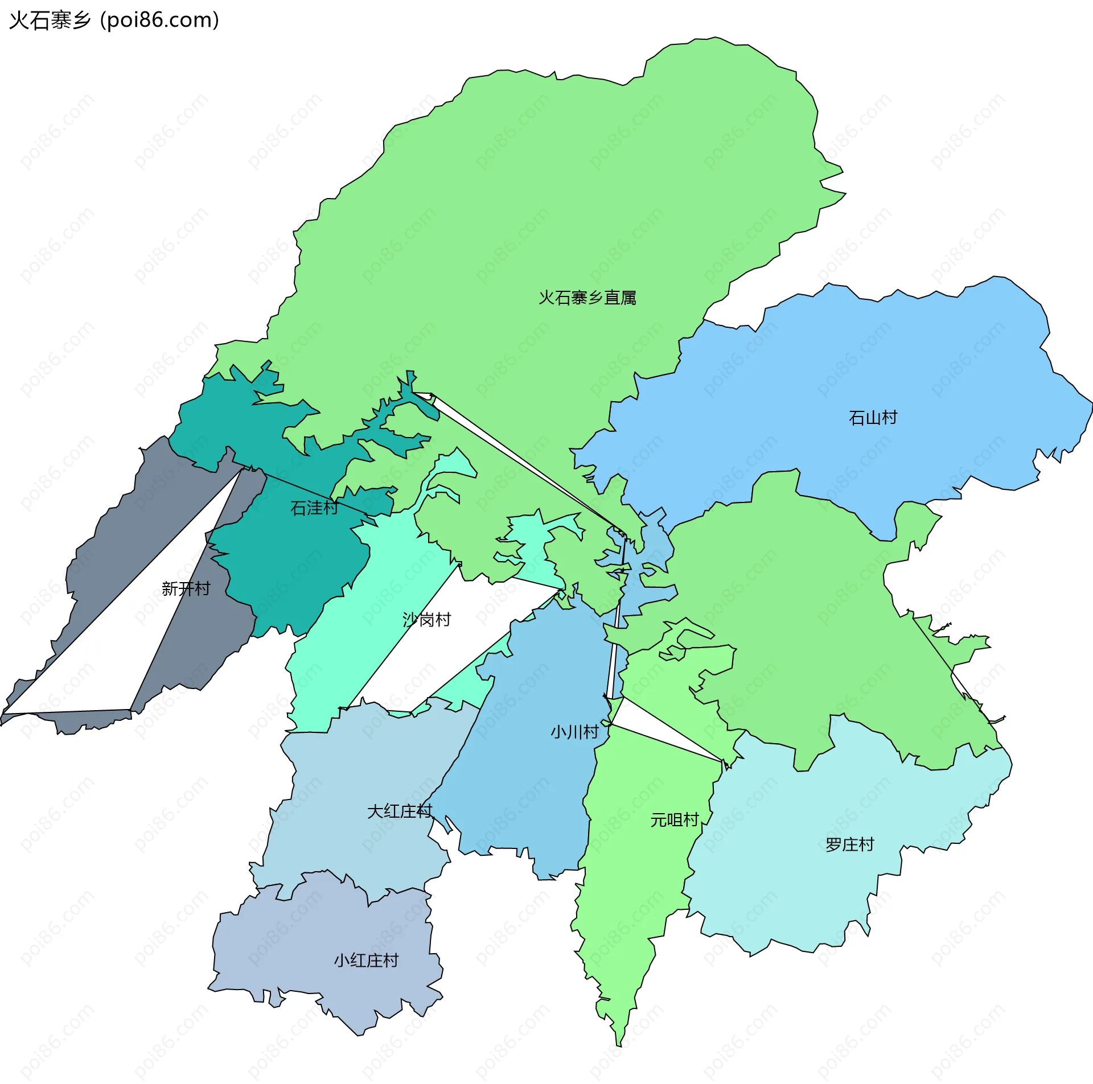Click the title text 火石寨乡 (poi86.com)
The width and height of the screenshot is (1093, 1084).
[114, 20]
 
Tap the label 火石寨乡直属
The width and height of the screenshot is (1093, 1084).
[587, 298]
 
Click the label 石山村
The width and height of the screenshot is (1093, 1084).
[873, 418]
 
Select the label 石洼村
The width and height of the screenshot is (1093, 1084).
[314, 508]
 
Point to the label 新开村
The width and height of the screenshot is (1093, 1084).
[186, 588]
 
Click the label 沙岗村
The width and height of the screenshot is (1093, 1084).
[426, 619]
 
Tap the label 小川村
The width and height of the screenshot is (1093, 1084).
[574, 732]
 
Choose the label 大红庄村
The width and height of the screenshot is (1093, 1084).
[400, 811]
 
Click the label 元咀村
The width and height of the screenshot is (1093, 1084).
[675, 820]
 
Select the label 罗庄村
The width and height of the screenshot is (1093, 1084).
[849, 844]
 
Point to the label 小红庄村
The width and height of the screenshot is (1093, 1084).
[366, 961]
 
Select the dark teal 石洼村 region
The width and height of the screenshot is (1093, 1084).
[285, 569]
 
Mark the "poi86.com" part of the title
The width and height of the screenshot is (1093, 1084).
[160, 20]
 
